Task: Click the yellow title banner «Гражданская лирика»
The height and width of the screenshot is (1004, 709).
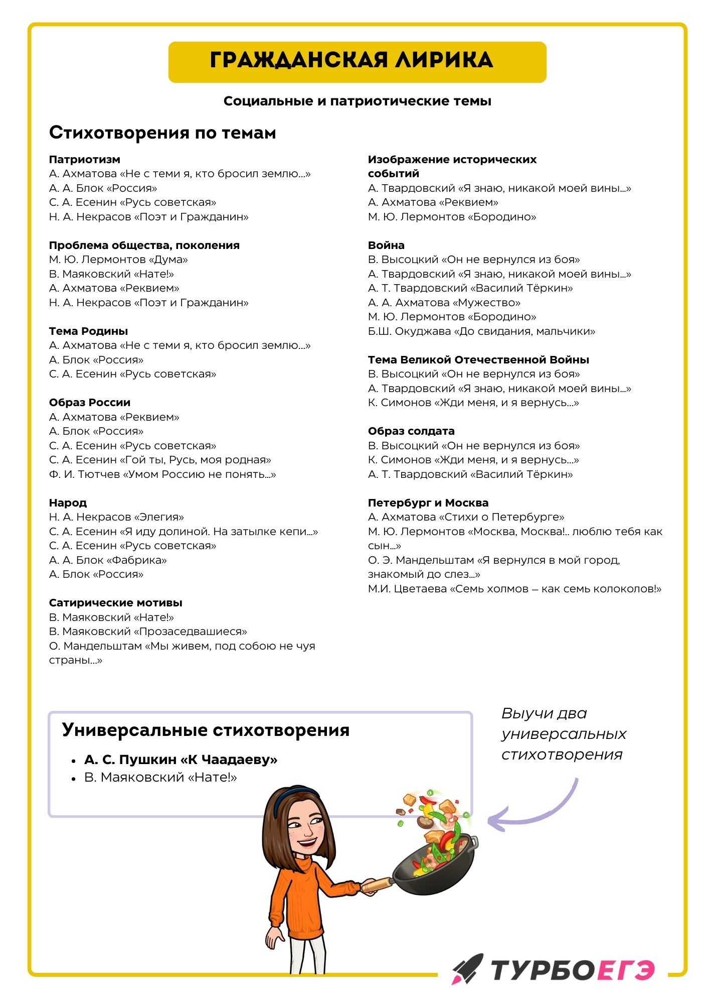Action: [x=357, y=62]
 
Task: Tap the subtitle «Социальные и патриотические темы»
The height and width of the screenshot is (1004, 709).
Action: [x=357, y=101]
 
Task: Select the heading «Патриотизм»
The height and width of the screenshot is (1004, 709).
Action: [x=85, y=160]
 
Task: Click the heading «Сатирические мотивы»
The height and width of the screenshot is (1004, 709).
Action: [x=115, y=603]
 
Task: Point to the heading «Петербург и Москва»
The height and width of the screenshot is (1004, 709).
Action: [x=428, y=503]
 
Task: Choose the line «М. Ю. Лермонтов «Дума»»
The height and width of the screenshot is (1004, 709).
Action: [x=118, y=260]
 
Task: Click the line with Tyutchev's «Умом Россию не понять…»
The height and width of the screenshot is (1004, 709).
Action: [x=162, y=474]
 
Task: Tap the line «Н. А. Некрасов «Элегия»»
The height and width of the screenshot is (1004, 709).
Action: [x=116, y=517]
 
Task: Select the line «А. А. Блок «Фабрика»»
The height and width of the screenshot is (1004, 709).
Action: [x=108, y=560]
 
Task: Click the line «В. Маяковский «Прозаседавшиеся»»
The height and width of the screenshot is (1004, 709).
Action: [x=148, y=632]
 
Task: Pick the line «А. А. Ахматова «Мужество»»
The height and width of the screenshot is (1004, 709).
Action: [x=444, y=303]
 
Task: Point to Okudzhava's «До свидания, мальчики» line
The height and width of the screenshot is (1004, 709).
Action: [x=481, y=331]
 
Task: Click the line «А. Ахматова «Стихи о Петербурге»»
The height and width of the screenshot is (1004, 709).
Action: [x=466, y=517]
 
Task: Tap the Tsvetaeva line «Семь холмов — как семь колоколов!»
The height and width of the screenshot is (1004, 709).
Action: [x=514, y=589]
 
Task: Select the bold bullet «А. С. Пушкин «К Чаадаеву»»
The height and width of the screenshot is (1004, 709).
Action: [x=181, y=760]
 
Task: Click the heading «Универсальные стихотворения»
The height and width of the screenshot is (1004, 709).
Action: [x=206, y=730]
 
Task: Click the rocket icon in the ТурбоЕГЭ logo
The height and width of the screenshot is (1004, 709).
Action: [x=467, y=968]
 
